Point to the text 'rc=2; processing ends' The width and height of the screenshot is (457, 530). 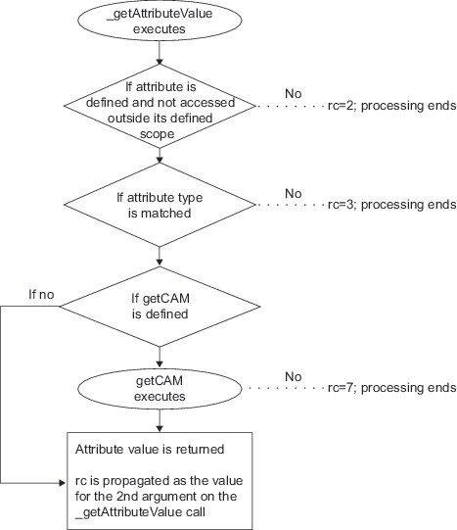point(391,104)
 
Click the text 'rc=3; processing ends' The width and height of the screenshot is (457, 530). point(391,206)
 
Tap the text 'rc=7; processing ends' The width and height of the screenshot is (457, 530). point(391,388)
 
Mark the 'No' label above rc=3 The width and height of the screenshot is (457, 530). point(293,193)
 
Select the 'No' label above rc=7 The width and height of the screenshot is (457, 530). point(293,375)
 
